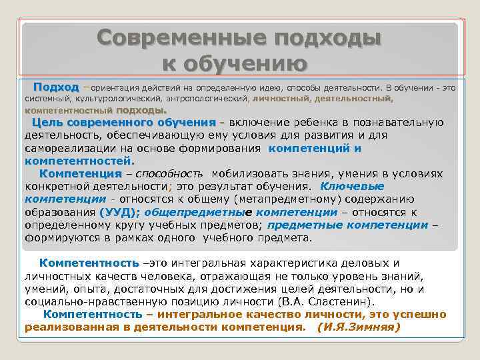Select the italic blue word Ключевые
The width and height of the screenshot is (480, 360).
352,186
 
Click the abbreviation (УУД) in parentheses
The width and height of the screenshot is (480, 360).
119,212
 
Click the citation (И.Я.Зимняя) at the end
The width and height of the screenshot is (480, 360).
359,327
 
